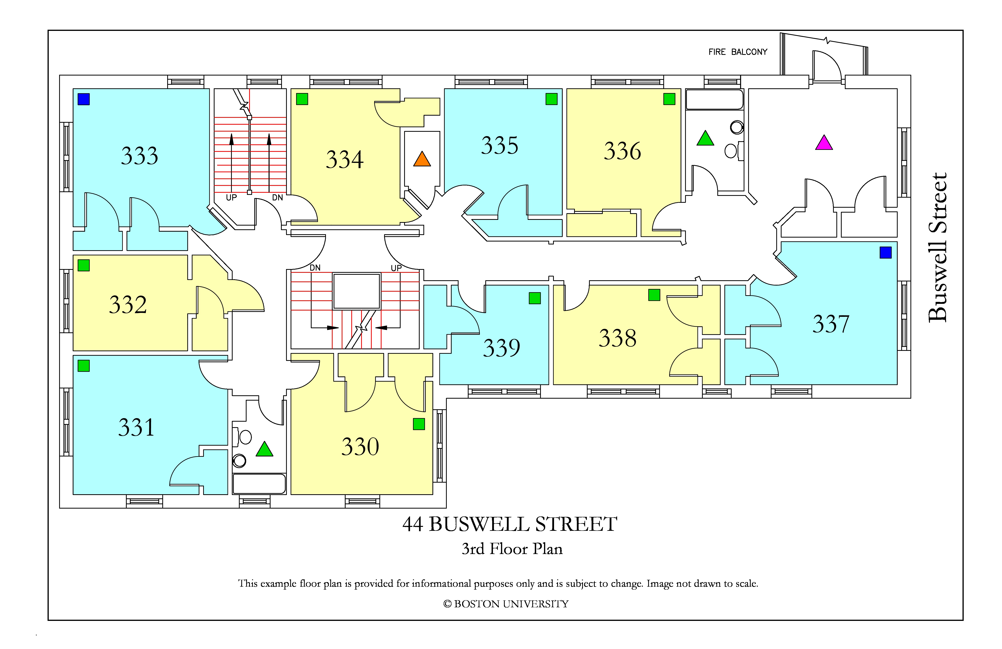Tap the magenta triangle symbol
pos(824,143)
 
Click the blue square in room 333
pos(84,100)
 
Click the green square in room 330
pos(419,424)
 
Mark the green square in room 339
pos(535,298)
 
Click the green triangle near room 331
pos(264,449)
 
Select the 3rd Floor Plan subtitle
pos(512,549)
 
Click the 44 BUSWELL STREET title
pos(510,524)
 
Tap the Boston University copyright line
pos(506,604)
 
